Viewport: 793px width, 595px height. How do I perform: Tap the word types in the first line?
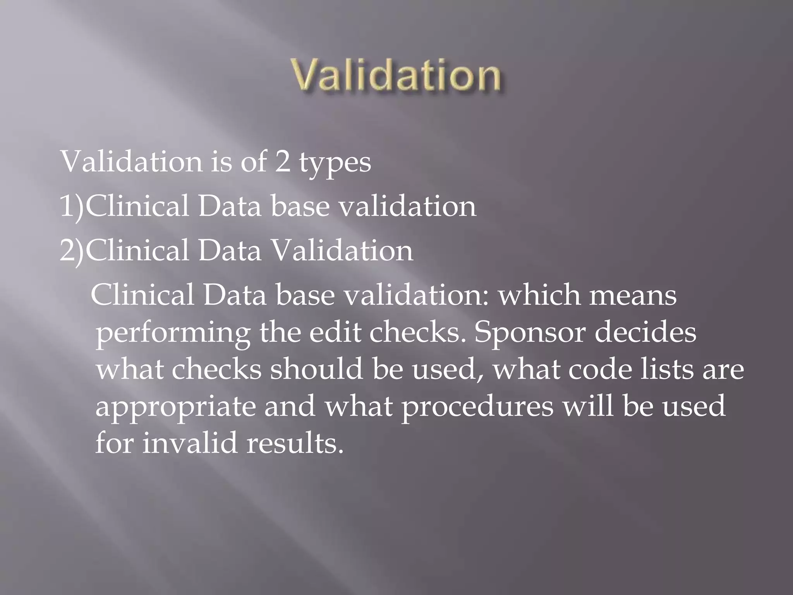pos(335,163)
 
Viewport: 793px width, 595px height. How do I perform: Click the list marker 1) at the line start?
pos(72,206)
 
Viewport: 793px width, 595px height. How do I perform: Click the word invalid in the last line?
pos(189,443)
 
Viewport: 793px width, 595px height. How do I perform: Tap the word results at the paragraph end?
pos(295,443)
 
